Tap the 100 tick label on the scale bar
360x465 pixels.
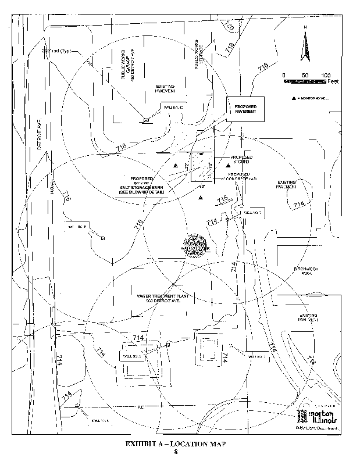326,76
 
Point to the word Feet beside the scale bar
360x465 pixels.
333,82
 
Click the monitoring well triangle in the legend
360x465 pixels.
294,98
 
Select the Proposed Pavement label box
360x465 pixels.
245,109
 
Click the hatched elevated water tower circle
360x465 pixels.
195,246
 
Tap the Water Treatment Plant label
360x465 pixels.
161,299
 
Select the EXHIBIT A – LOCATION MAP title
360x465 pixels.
175,444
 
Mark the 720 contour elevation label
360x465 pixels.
229,27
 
